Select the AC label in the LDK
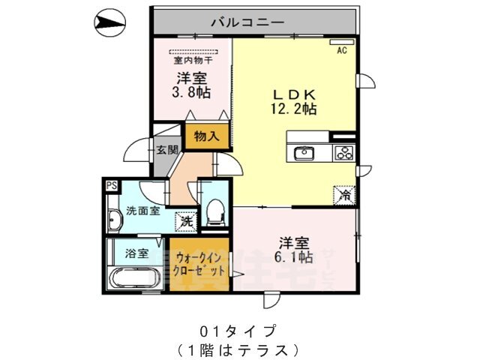341,51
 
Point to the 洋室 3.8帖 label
193,85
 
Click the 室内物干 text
193,61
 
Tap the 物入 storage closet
205,136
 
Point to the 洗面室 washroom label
142,211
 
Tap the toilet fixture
214,212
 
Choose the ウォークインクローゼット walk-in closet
200,265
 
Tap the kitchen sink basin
304,154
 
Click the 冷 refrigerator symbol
344,193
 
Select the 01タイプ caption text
239,330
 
